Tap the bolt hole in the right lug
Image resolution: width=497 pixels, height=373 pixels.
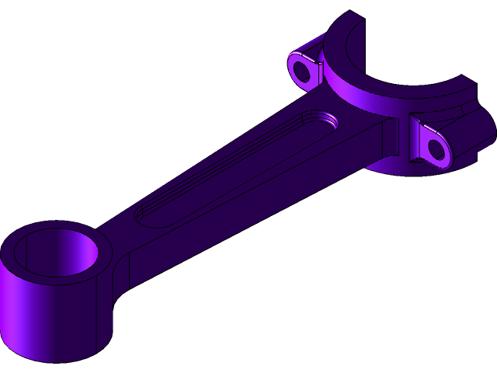tap(437, 149)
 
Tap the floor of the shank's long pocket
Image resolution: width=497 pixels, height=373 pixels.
tap(233, 167)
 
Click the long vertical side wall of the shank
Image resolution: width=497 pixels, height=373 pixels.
tap(256, 210)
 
